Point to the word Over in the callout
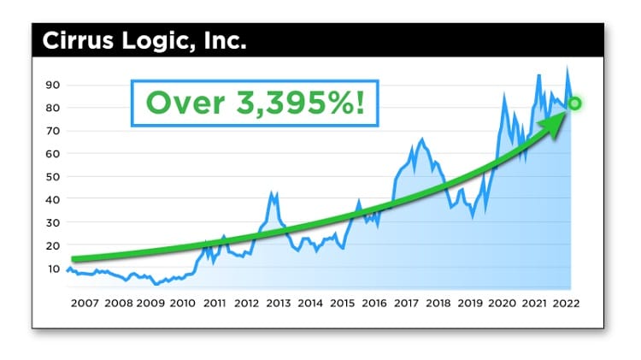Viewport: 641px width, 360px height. (181, 103)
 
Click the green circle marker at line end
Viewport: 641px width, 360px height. (574, 103)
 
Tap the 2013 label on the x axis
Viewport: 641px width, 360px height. (278, 303)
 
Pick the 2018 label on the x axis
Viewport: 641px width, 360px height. (438, 303)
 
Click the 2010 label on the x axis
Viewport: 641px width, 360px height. (182, 303)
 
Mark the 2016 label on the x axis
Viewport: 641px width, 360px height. (373, 303)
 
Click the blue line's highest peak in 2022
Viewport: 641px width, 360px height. (567, 68)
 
